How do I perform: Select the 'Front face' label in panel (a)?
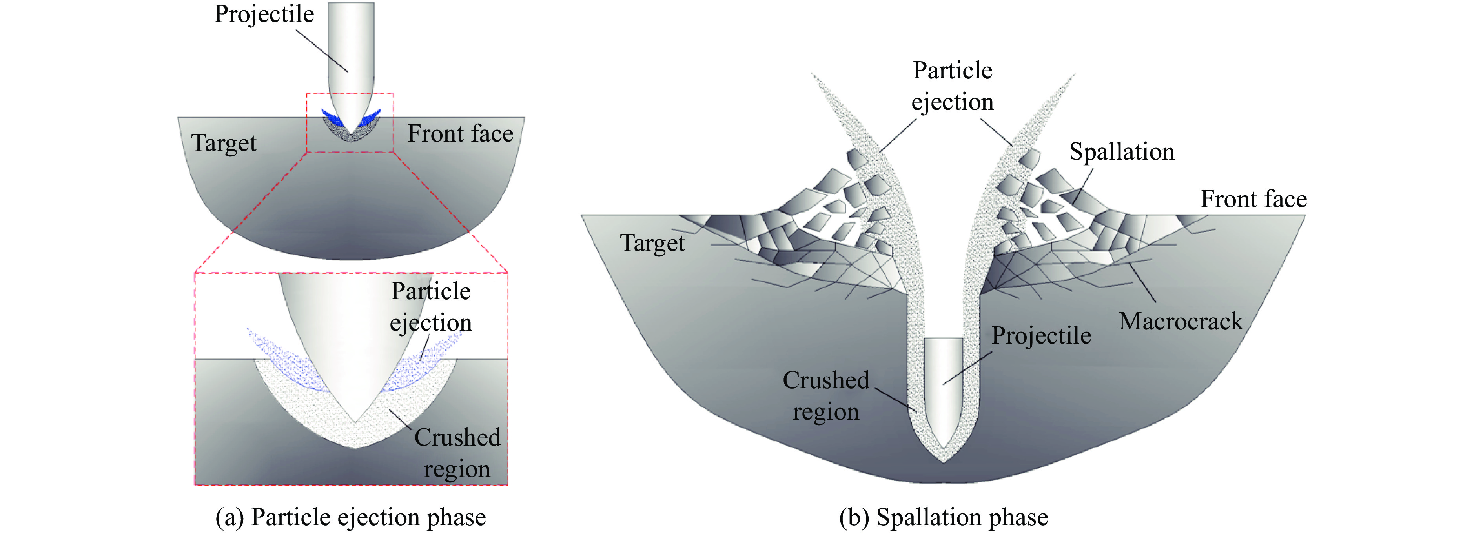pos(460,133)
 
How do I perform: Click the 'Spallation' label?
pos(1121,152)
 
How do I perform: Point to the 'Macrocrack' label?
pos(1181,321)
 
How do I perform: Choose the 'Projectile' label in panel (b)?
pos(1041,336)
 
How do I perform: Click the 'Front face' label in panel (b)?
pos(1253,199)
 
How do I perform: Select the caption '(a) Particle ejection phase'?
pos(351,517)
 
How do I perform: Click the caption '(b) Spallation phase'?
pos(943,517)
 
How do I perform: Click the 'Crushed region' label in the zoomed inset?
pos(457,453)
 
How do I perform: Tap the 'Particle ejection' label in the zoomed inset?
pos(431,307)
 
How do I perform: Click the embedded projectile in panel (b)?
pos(943,386)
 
